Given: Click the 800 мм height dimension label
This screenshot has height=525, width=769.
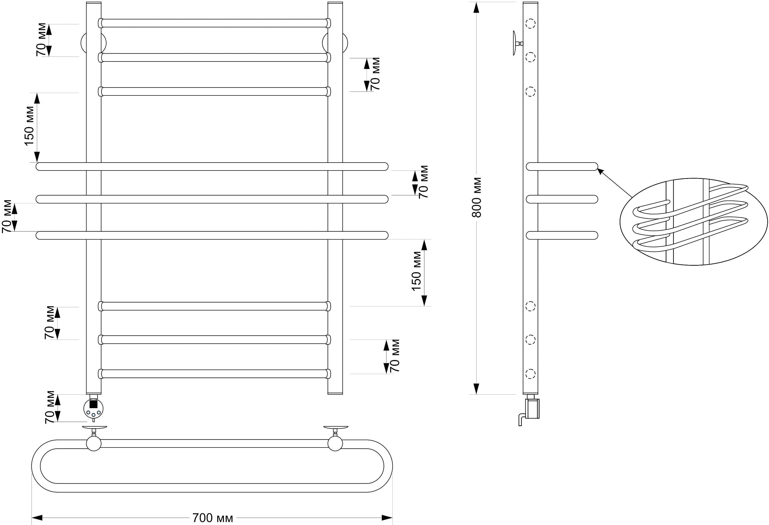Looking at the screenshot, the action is point(477,198).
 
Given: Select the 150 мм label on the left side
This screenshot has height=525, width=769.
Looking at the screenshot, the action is point(29,126).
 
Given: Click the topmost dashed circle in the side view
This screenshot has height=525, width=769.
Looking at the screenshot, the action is point(530,23).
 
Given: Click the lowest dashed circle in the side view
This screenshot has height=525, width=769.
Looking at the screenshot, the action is point(530,373).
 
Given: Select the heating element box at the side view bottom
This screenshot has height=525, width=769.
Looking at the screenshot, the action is point(532,409).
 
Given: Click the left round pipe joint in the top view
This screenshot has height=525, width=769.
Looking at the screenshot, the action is point(94,443).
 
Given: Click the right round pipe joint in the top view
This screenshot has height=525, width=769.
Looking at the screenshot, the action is point(335,443).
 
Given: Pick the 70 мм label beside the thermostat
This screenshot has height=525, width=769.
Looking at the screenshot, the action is point(50,408).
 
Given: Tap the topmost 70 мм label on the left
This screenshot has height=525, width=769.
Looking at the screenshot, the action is point(41,40).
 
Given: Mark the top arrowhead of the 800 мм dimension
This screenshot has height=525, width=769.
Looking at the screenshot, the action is point(476,7).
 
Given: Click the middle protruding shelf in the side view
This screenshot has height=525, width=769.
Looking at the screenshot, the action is point(562,199).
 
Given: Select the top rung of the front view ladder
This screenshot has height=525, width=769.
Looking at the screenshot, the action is point(215,23).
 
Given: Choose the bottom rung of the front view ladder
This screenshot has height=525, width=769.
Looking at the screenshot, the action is point(215,373).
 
